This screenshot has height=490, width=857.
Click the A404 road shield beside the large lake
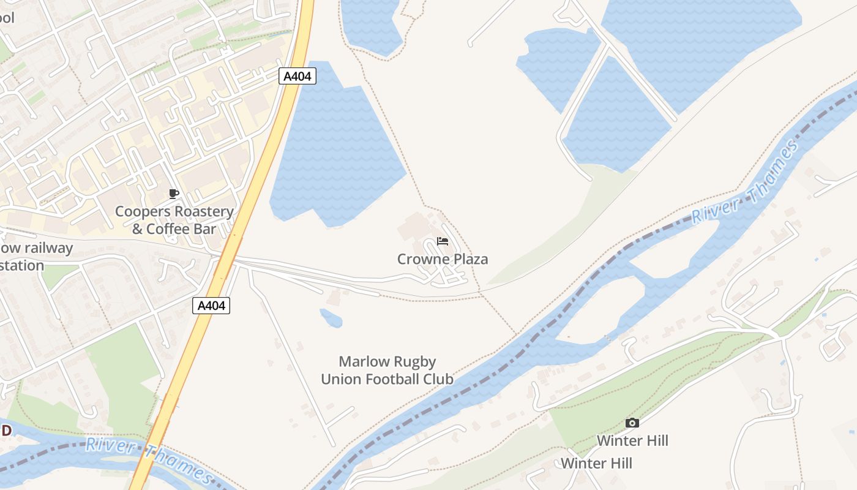point(298,77)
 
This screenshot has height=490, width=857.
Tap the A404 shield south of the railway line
point(211,306)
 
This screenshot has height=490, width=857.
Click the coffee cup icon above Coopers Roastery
point(174,194)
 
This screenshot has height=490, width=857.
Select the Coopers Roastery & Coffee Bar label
point(174,221)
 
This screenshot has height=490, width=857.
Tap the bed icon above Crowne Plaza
point(443,241)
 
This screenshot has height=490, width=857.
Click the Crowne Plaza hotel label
point(443,259)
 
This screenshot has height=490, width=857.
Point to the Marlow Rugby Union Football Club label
point(387,370)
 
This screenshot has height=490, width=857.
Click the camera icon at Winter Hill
point(632,423)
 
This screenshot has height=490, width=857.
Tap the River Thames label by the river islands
point(746,182)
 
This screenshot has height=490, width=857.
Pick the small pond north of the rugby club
point(331,317)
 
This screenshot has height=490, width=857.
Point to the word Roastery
point(203,212)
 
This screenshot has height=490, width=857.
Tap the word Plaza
point(469,259)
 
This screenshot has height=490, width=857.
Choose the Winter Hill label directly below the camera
point(632,440)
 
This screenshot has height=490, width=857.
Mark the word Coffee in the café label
point(173,229)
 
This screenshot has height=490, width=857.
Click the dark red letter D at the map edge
point(6,431)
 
